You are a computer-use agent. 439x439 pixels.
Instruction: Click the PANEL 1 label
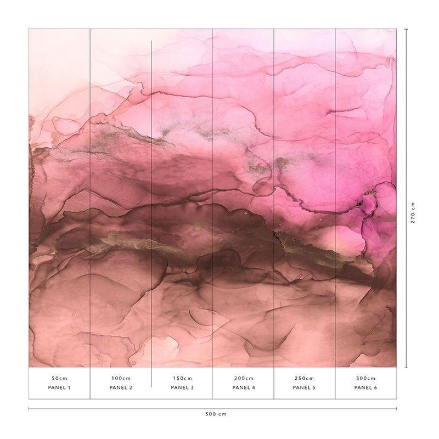click(59, 388)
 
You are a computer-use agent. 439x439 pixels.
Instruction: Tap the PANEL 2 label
click(121, 388)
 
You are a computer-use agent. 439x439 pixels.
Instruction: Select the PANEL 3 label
click(182, 388)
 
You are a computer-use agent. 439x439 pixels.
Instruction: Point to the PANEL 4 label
click(244, 388)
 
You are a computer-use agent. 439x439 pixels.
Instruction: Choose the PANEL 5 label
click(304, 388)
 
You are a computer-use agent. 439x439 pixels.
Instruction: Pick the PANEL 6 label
click(365, 388)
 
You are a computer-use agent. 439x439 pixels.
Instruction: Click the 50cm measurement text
click(59, 378)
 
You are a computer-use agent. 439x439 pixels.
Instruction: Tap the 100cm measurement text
click(121, 378)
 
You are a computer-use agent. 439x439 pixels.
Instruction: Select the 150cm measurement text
click(182, 378)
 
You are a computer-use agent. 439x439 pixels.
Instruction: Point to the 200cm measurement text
click(244, 378)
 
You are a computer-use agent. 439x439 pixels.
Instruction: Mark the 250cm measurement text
click(304, 378)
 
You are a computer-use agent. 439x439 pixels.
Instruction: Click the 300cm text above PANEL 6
click(365, 378)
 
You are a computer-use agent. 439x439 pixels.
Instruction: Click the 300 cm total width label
click(212, 414)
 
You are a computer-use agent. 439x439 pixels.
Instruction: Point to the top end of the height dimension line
click(406, 29)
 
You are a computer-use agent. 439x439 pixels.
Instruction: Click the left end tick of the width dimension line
click(29, 408)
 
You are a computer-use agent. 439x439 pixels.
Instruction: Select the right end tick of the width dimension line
click(396, 408)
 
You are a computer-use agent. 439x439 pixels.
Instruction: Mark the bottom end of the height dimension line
click(406, 368)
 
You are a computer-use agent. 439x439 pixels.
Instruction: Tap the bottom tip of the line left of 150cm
click(151, 386)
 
